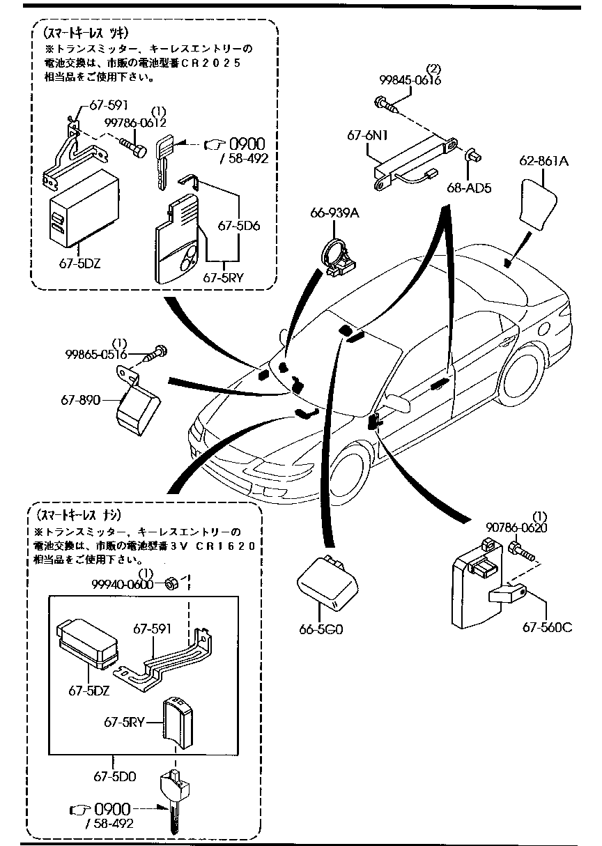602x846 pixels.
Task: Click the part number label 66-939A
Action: (335, 213)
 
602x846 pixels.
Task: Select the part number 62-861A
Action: (543, 162)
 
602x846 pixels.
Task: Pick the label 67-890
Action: (83, 401)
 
